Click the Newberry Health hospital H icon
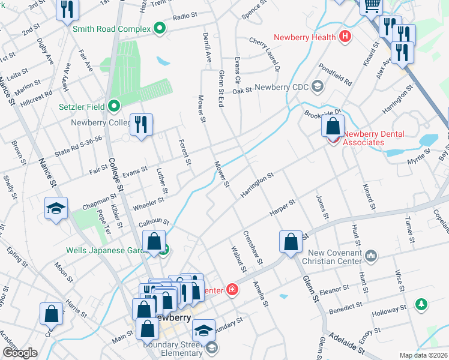pyautogui.click(x=345, y=37)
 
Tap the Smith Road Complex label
pyautogui.click(x=112, y=28)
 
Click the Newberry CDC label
pyautogui.click(x=281, y=88)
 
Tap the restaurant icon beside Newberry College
pyautogui.click(x=141, y=125)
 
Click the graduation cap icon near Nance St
pyautogui.click(x=56, y=209)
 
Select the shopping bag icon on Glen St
pyautogui.click(x=291, y=242)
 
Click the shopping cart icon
pyautogui.click(x=372, y=5)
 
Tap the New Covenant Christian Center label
pyautogui.click(x=333, y=257)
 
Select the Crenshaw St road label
pyautogui.click(x=253, y=247)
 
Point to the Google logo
pyautogui.click(x=20, y=353)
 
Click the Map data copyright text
pyautogui.click(x=423, y=355)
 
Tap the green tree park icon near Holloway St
pyautogui.click(x=423, y=304)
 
